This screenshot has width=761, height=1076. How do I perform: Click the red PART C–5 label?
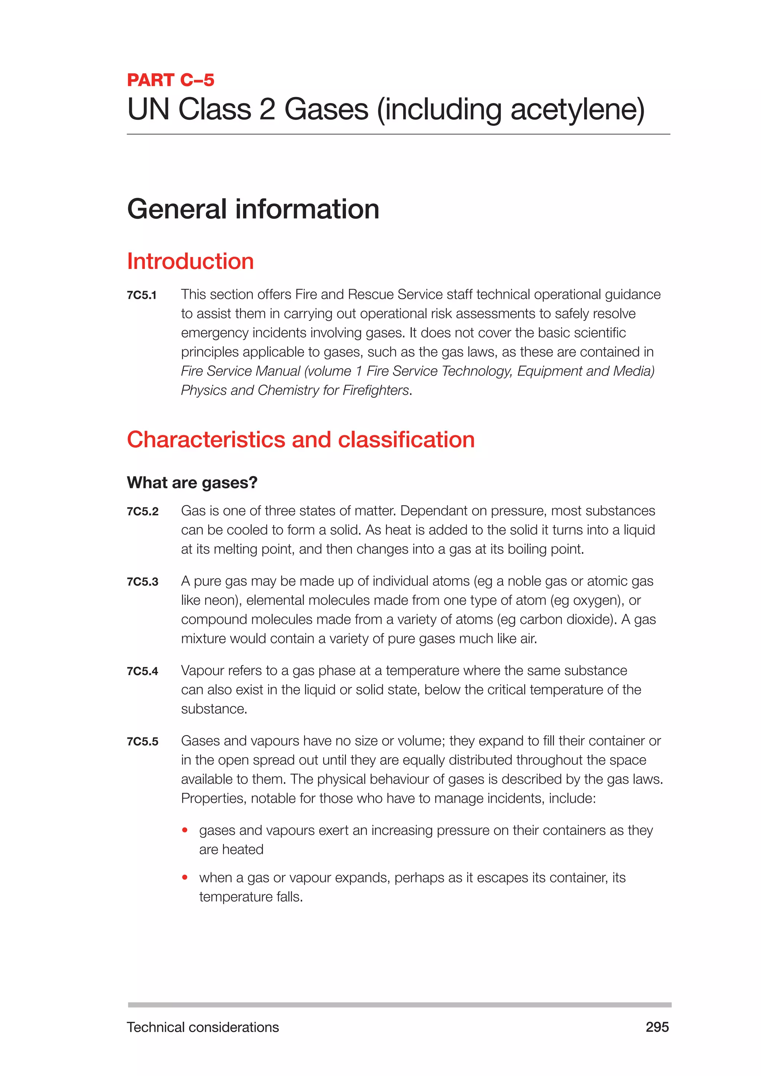(171, 80)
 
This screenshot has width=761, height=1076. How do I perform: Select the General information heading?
(253, 209)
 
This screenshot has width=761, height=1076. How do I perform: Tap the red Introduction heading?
(190, 262)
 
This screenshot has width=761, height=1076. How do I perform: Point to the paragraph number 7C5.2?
(142, 511)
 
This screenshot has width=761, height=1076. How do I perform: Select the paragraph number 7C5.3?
(142, 581)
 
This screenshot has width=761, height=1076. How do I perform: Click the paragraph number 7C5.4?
(142, 671)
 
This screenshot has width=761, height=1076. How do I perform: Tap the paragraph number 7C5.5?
(142, 741)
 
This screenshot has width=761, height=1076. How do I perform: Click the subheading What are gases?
(192, 483)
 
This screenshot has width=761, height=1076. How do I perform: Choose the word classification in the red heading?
(406, 440)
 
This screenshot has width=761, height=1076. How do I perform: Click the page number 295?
(657, 1027)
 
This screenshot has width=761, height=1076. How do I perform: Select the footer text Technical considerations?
(203, 1027)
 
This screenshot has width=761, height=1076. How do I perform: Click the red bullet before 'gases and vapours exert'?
(185, 830)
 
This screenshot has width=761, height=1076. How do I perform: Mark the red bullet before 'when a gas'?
(185, 877)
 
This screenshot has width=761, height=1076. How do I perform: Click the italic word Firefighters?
(375, 390)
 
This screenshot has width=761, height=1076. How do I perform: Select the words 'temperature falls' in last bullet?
(251, 897)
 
